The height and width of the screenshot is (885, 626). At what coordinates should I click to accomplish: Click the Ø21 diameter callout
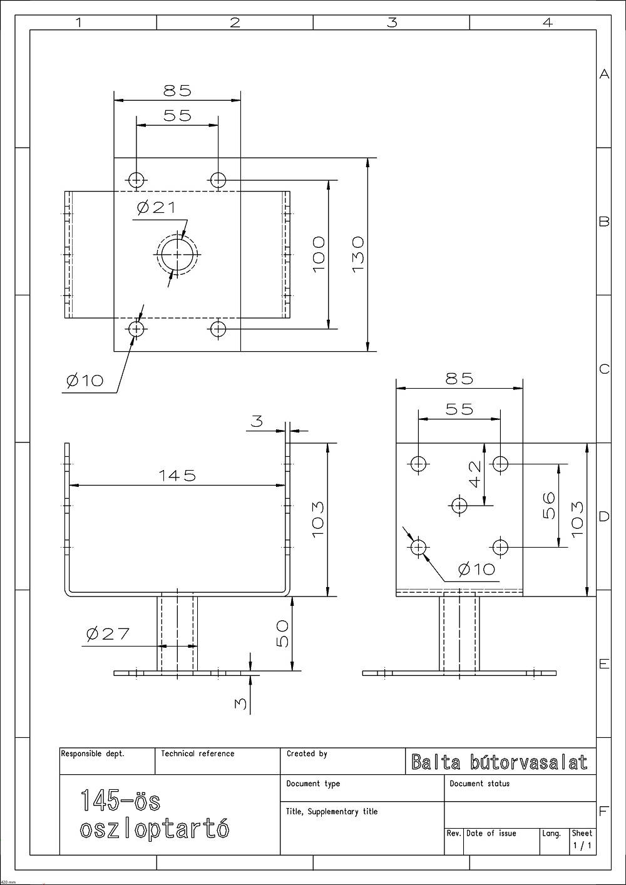click(x=156, y=208)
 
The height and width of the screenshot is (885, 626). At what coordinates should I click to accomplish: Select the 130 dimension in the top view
click(x=357, y=255)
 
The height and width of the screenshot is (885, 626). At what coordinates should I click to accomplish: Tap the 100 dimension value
click(x=319, y=255)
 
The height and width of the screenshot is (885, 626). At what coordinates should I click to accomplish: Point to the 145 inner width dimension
click(x=177, y=475)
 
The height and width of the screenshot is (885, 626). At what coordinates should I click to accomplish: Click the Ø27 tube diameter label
click(x=108, y=634)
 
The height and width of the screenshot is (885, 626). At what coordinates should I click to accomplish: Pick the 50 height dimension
click(x=282, y=633)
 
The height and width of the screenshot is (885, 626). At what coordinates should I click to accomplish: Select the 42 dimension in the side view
click(x=475, y=474)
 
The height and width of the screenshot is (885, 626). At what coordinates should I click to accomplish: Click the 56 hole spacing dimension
click(x=550, y=505)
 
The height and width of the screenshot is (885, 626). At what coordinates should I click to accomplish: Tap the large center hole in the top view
click(x=177, y=255)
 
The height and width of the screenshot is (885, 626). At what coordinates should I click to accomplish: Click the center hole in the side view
click(x=459, y=505)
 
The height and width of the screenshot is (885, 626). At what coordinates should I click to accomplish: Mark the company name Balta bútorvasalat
click(x=500, y=762)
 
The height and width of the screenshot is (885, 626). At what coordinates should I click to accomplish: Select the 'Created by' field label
click(x=307, y=754)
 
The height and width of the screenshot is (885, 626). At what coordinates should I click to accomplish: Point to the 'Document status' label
click(x=480, y=784)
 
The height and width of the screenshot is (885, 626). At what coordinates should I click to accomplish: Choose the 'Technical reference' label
click(x=198, y=754)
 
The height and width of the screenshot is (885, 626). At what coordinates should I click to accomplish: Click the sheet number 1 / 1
click(x=583, y=846)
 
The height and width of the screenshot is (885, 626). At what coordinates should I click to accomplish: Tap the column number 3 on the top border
click(x=392, y=23)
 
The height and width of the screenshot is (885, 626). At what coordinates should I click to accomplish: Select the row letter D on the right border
click(x=604, y=516)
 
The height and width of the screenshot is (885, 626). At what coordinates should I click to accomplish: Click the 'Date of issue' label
click(x=491, y=833)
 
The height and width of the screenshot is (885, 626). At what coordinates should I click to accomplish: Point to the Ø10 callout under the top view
click(x=85, y=381)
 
